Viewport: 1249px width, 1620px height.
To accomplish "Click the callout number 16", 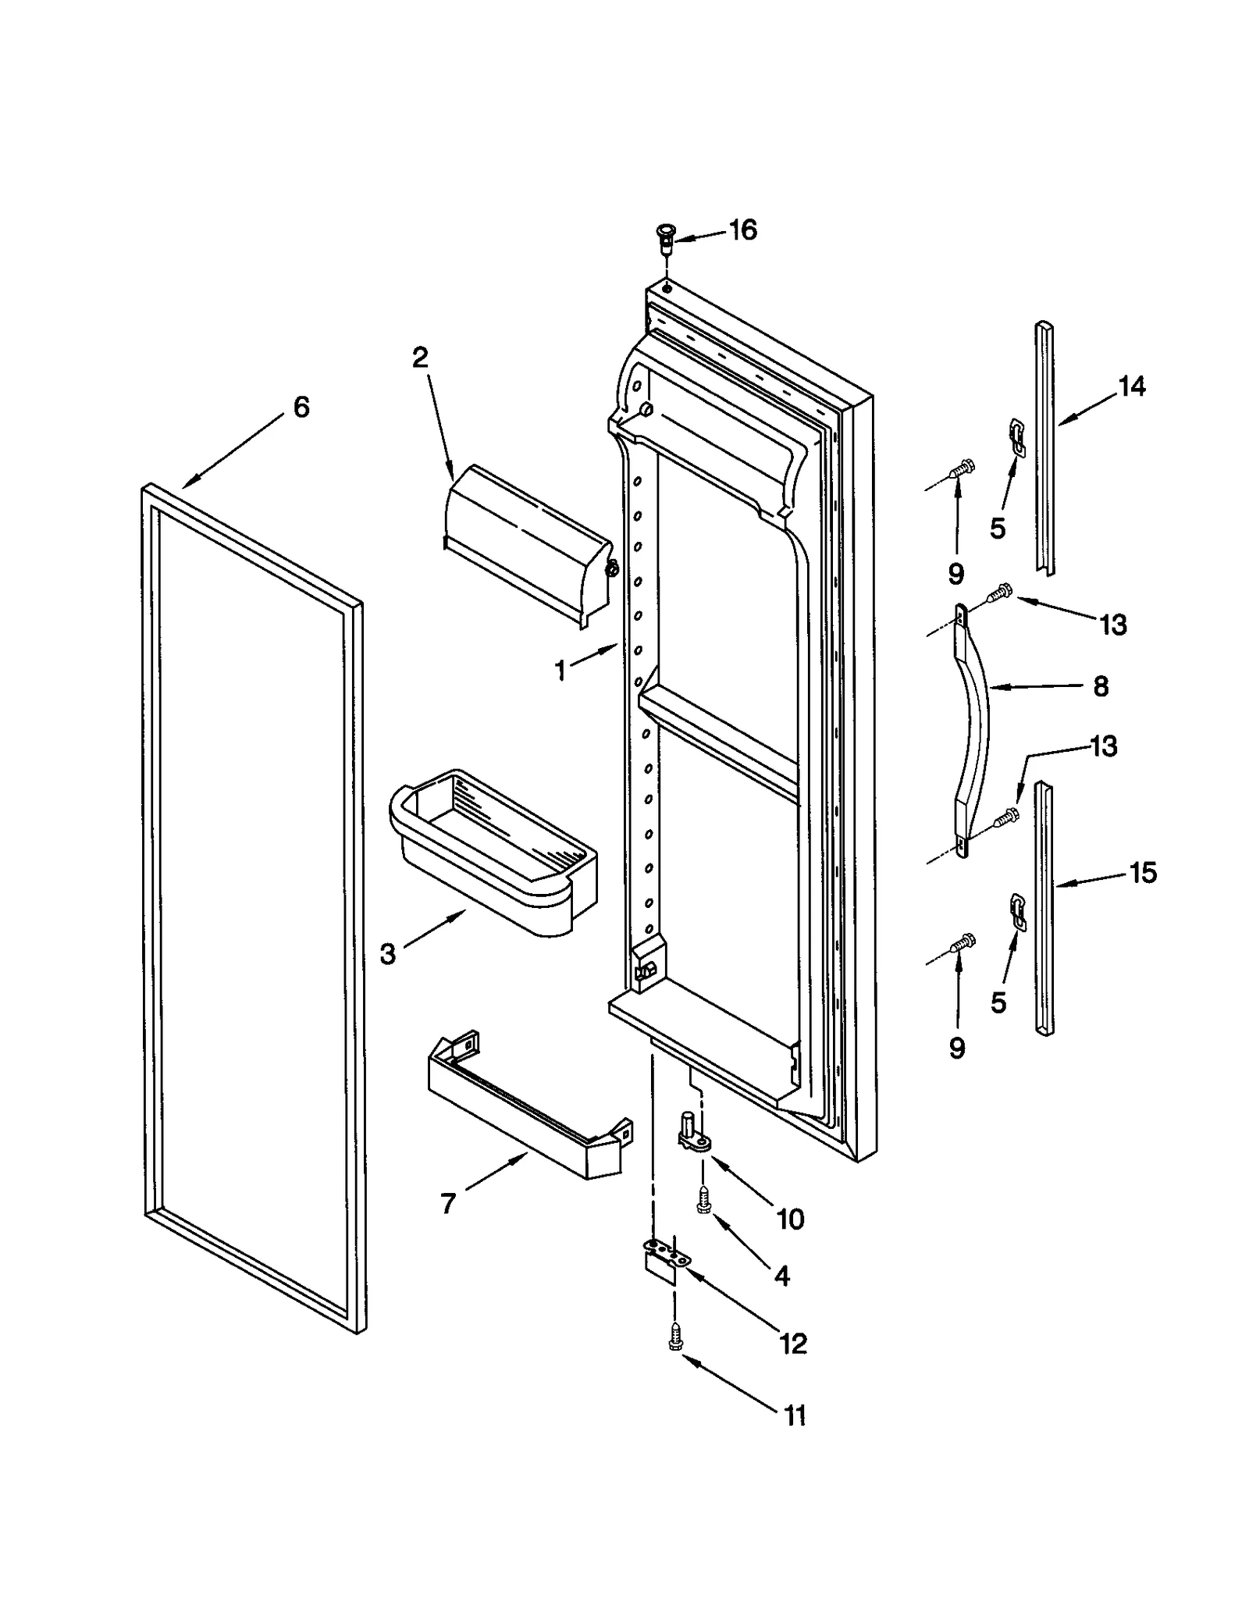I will [742, 230].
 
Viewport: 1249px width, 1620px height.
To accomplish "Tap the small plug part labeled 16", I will [665, 235].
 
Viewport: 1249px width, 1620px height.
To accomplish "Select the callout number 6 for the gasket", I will [301, 407].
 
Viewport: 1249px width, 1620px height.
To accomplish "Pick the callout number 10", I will [790, 1219].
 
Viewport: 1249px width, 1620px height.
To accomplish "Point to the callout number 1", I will [560, 671].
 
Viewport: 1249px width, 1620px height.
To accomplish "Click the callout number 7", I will [447, 1203].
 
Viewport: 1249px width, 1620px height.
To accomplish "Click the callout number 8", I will [1100, 686].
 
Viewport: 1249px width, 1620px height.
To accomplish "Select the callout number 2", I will [420, 358].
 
